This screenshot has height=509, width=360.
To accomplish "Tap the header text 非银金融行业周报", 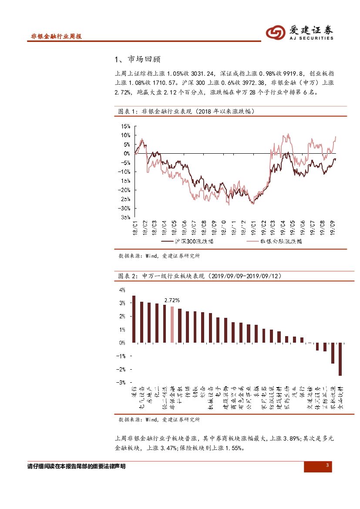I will point(56,37).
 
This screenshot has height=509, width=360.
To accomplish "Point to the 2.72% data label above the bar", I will point(172,300).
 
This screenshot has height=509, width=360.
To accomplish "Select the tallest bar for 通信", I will point(134,319).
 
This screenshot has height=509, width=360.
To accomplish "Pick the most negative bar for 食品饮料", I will point(340,359).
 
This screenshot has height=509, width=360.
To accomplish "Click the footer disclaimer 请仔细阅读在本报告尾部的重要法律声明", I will point(76,466).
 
